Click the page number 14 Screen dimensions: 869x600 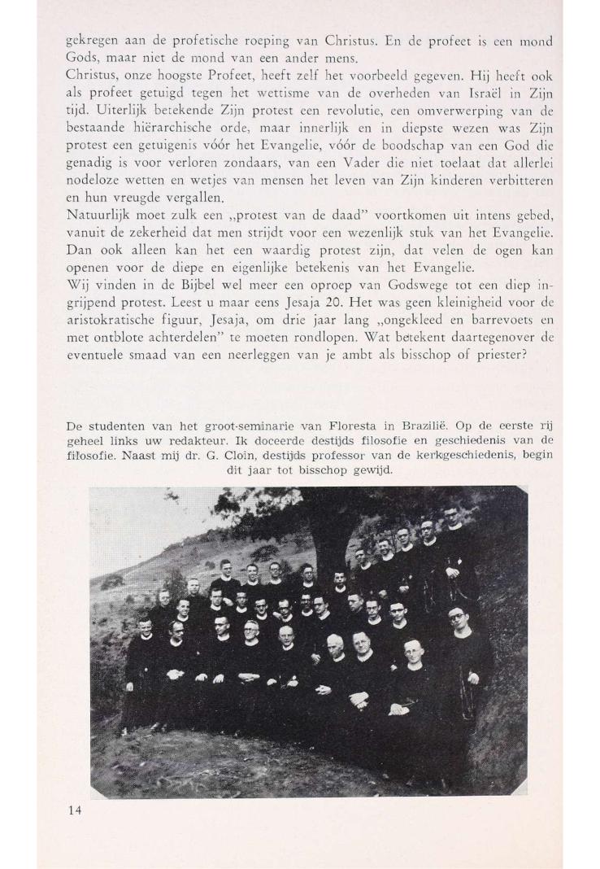pyautogui.click(x=75, y=810)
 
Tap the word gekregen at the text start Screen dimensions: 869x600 pyautogui.click(x=91, y=41)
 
